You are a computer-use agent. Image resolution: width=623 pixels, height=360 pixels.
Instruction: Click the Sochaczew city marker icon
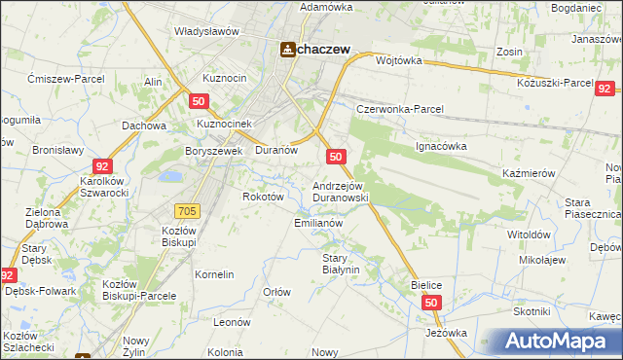289,51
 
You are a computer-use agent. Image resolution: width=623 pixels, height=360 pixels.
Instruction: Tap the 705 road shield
189,211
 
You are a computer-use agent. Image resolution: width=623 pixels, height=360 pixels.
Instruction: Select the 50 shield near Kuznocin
200,101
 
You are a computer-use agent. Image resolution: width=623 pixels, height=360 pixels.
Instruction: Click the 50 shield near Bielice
431,305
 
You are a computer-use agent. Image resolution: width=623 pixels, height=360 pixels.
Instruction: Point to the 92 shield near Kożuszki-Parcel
605,87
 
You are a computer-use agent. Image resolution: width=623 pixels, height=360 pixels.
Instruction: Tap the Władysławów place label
206,31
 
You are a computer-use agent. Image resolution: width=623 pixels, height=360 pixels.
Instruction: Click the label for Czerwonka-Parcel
399,109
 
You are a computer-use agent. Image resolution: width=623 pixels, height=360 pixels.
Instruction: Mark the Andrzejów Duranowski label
339,191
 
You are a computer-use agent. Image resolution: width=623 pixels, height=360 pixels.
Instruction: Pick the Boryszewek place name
213,151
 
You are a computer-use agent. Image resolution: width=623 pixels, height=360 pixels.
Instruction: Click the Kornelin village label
214,274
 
